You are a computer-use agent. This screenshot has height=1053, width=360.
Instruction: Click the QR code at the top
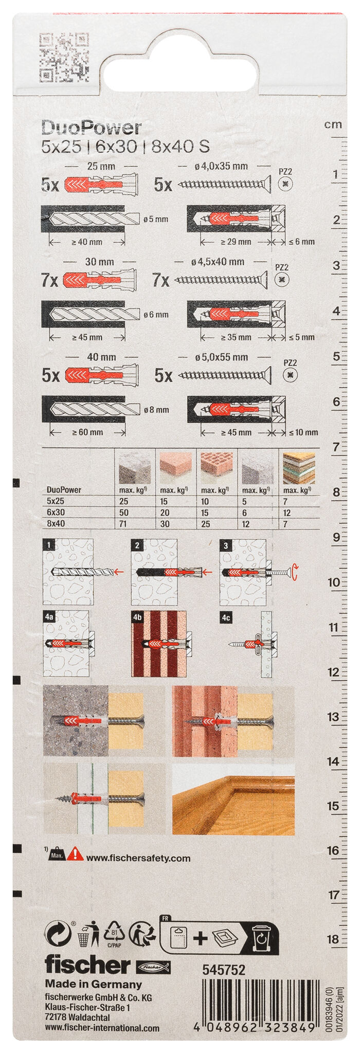point(64,57)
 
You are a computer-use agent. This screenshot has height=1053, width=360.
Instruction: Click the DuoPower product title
point(91,128)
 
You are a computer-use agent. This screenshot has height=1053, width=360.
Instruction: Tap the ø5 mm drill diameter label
point(156,219)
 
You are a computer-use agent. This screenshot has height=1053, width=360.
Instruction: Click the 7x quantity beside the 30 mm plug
point(49,280)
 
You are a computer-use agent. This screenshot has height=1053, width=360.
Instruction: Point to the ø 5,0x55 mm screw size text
point(221,357)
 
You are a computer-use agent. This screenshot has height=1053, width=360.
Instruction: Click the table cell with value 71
point(123,524)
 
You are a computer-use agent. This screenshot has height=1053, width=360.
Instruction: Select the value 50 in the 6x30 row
point(123,513)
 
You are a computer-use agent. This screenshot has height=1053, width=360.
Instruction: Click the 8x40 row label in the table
point(56,524)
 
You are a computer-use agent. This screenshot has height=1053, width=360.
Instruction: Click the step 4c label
point(226,618)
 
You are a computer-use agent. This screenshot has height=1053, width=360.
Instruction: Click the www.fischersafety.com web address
point(138,858)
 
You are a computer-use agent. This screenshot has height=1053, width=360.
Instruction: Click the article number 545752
point(224,970)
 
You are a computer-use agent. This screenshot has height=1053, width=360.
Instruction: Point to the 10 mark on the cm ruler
point(334,583)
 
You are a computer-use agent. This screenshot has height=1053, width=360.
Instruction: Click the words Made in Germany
point(93,984)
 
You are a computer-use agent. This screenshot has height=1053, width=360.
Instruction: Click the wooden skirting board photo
point(233,799)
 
